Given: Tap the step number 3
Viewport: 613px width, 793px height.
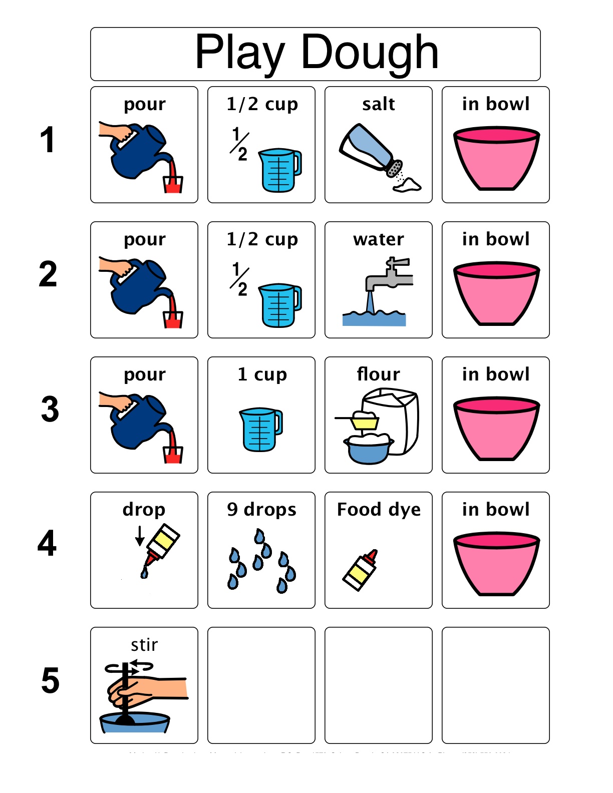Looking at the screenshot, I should click(x=50, y=410).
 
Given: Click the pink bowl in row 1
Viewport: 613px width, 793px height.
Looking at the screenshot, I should click(x=496, y=158).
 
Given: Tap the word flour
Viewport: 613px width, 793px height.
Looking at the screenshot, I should click(x=378, y=374).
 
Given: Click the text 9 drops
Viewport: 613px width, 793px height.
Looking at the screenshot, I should click(x=261, y=509).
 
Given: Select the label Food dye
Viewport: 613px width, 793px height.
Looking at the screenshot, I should click(x=379, y=509).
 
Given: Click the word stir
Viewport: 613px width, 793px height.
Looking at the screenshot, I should click(x=144, y=645).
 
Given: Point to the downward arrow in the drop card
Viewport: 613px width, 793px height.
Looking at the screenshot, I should click(x=140, y=536).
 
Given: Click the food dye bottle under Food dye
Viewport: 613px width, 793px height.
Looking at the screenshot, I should click(x=360, y=570).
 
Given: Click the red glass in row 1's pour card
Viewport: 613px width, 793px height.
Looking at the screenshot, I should click(x=173, y=184).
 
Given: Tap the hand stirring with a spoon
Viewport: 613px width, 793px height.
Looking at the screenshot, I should click(x=145, y=688).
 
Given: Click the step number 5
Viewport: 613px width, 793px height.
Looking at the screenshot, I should click(x=50, y=680).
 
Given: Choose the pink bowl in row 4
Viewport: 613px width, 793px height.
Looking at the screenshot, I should click(x=496, y=563).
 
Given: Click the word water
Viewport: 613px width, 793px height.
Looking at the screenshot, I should click(x=378, y=239).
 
